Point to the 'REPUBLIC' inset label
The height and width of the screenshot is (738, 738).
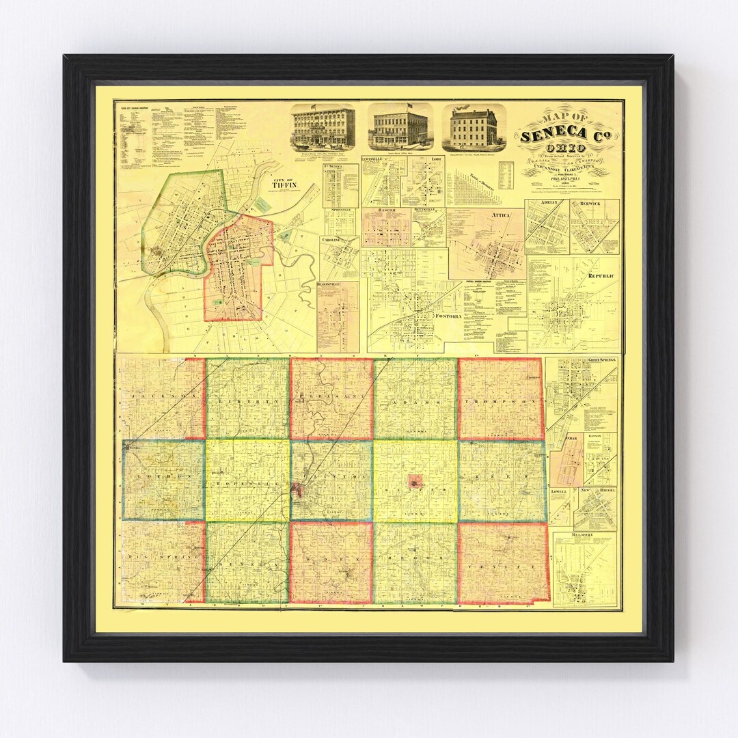[x=601, y=275]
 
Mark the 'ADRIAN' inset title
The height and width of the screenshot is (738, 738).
[x=547, y=204]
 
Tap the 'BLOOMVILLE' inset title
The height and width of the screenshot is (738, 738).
[x=338, y=284]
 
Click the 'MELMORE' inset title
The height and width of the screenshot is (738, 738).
[x=584, y=536]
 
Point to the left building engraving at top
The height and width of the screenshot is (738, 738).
[x=323, y=127]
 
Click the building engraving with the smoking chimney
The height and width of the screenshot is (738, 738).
[x=474, y=128]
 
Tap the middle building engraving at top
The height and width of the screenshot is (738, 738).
[x=400, y=128]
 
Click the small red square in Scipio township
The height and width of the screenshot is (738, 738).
[x=415, y=482]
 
